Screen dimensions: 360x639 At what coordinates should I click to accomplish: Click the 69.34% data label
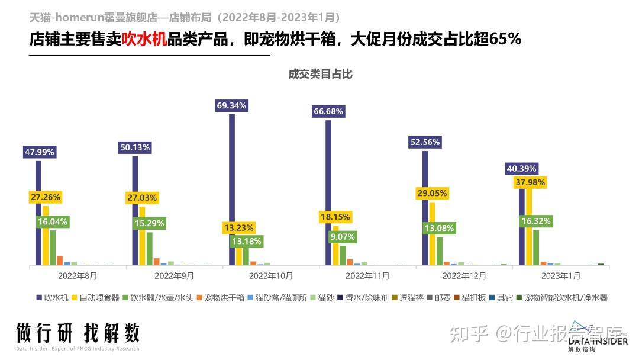pos(232,106)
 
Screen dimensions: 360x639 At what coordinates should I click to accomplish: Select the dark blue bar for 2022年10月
pos(232,189)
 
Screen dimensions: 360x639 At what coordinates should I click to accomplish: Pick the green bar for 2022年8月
pos(53,247)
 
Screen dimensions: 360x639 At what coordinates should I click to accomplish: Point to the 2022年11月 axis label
pos(367,276)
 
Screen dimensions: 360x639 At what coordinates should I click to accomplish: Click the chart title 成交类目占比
pos(320,74)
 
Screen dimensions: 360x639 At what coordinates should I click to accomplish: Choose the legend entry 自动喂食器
pos(95,298)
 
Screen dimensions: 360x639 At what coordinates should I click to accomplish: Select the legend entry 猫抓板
pos(469,298)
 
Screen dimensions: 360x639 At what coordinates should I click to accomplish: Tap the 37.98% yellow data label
pos(530,182)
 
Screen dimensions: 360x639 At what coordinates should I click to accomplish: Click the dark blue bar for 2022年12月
pos(425,208)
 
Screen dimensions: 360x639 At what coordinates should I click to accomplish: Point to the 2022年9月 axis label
pos(175,276)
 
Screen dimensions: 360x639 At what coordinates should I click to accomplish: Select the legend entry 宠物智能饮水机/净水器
pos(561,298)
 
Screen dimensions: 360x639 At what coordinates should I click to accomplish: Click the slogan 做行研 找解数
pos(78,334)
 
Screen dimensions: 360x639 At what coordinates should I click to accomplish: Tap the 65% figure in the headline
pos(506,40)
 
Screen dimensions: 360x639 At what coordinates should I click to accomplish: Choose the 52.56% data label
pos(425,142)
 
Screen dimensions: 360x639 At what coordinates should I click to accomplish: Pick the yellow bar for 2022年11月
pos(336,246)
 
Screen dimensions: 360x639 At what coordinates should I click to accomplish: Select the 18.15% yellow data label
pos(335,217)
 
